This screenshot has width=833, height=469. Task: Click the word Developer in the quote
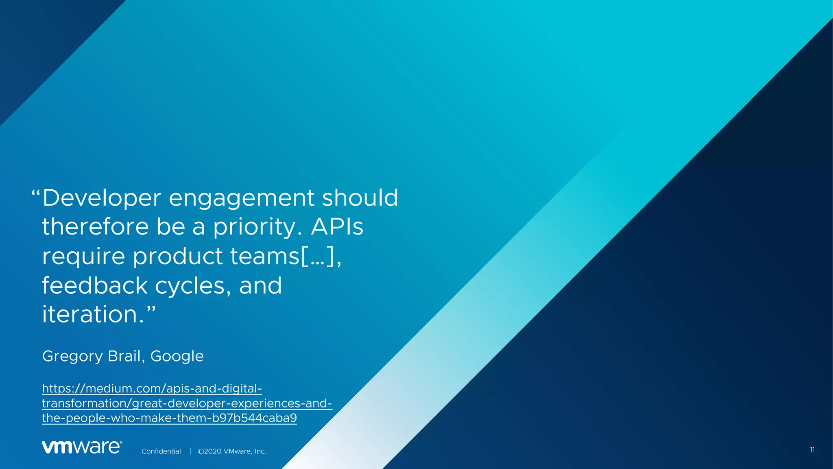(x=102, y=198)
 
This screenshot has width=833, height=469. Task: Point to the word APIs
(x=337, y=227)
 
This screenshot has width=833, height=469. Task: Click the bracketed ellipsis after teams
(x=317, y=256)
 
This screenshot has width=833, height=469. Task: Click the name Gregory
(x=72, y=357)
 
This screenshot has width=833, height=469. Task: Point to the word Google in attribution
(x=177, y=357)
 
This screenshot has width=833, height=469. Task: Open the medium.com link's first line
(x=152, y=388)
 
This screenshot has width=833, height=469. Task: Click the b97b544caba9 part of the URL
(x=254, y=418)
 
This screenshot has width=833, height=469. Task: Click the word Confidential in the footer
(x=161, y=451)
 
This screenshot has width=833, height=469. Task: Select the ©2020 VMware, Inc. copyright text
(x=232, y=451)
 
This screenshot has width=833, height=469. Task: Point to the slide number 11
(x=812, y=449)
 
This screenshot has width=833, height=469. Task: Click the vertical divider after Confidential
(x=190, y=451)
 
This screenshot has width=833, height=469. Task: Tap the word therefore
(x=95, y=227)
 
